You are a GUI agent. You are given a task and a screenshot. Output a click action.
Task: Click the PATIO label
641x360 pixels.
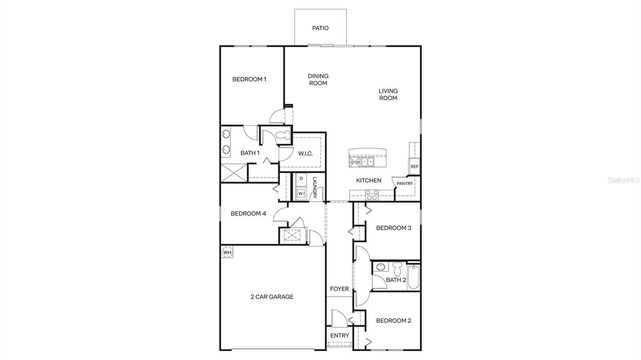[320, 28]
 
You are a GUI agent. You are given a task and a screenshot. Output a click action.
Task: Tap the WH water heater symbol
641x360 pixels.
[227, 252]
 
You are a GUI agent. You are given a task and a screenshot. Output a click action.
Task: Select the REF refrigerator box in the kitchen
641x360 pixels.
[414, 167]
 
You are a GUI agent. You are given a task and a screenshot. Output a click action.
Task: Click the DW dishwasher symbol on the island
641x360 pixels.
[355, 162]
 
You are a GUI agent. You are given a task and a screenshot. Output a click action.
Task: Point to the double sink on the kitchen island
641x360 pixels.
[367, 162]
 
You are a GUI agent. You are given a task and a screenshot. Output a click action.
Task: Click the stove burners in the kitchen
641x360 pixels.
[372, 195]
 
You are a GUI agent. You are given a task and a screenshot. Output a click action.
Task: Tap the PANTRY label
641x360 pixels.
[405, 183]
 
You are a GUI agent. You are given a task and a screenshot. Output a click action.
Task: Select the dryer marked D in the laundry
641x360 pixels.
[301, 179]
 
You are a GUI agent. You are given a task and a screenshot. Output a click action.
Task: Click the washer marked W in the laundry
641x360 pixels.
[301, 194]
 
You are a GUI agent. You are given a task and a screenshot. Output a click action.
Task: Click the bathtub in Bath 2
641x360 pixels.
[414, 277]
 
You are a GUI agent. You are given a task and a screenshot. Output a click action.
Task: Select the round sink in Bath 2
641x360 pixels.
[381, 267]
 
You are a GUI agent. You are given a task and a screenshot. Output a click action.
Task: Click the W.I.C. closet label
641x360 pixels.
[305, 153]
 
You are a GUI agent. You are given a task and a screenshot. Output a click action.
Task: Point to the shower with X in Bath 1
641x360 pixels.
[233, 173]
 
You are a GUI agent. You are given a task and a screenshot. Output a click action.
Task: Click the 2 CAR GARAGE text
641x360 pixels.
[272, 297]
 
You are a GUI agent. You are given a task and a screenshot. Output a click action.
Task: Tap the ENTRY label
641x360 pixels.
[339, 335]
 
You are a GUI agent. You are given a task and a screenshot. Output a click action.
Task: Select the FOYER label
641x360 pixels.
[339, 289]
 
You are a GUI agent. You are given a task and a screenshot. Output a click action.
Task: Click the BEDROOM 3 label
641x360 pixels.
[393, 228]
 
